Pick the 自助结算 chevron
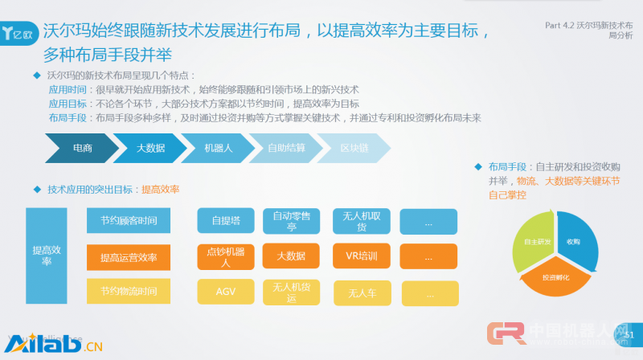coord(286,148)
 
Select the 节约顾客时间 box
coord(129,220)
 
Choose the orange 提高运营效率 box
coord(129,257)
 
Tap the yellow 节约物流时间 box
coord(129,291)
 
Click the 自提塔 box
coord(226,221)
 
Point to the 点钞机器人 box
coord(226,256)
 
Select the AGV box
coord(226,291)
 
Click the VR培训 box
coord(362,256)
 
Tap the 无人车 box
coord(362,293)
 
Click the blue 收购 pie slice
coord(572,240)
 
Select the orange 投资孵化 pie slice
coord(555,276)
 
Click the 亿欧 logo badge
coord(17,35)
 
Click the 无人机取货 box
coord(362,221)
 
